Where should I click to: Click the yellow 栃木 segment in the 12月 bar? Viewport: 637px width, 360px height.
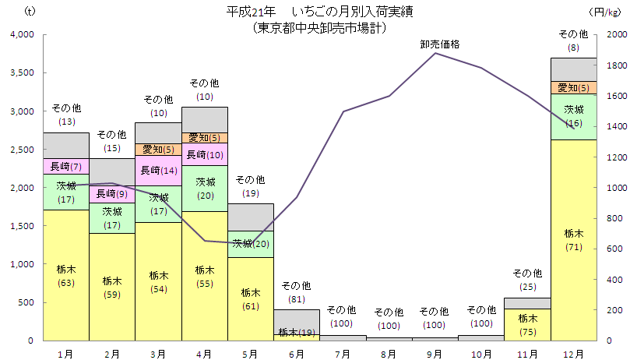click(573, 240)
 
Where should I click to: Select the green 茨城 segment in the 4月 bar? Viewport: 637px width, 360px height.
click(204, 189)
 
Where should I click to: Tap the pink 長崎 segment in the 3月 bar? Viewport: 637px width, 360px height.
click(158, 171)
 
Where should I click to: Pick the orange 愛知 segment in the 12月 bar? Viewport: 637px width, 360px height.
click(573, 87)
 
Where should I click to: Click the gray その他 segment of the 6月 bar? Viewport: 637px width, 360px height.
click(296, 321)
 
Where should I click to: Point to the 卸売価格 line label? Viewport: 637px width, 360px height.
click(439, 44)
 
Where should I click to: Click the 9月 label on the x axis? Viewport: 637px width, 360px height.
click(435, 354)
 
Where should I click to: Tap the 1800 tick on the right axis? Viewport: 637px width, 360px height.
click(615, 65)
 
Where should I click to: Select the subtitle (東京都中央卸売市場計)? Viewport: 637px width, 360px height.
click(319, 26)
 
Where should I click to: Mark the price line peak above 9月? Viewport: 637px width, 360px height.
click(435, 53)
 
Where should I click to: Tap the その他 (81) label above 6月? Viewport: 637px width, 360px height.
click(296, 292)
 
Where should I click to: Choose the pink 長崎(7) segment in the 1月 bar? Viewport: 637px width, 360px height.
click(65, 166)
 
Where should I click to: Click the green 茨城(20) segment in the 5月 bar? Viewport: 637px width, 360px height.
click(250, 244)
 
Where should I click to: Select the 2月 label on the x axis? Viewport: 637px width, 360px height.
click(112, 354)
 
